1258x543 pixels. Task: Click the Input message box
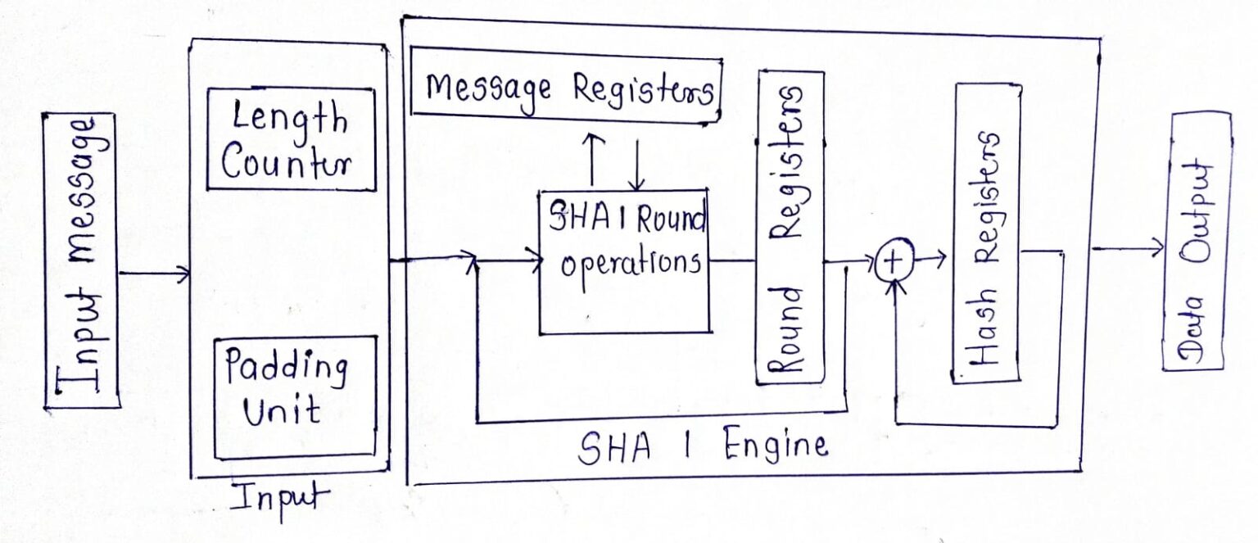point(80,260)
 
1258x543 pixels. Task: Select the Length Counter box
point(290,139)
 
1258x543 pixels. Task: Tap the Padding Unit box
point(293,396)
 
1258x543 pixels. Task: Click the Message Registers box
point(565,88)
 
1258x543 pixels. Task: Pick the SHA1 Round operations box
point(624,260)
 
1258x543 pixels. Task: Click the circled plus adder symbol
point(894,261)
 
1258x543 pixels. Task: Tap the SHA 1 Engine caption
point(703,448)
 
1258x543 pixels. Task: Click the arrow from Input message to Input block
point(154,274)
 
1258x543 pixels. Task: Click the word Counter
point(285,161)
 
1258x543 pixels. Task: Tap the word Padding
point(286,369)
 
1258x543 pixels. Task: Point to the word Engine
point(775,446)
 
